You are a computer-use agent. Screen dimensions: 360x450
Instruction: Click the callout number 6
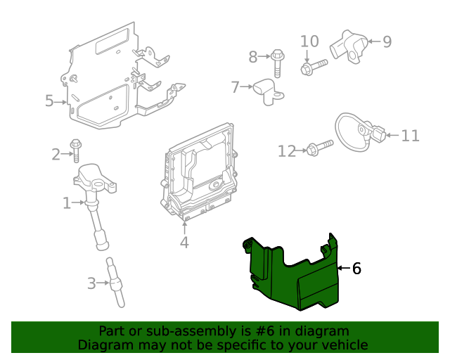356,268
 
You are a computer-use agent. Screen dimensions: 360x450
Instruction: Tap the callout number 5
49,101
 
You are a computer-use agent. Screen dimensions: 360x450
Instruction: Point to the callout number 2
56,154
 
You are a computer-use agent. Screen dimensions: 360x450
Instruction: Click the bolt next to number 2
76,151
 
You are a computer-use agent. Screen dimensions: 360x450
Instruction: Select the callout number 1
67,204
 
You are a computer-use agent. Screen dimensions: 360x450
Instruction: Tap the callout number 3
91,284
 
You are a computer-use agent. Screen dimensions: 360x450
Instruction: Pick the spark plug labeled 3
115,281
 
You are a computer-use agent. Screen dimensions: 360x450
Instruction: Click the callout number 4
184,243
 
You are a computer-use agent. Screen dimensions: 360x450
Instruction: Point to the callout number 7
236,87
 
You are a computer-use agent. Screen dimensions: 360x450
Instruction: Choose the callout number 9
386,41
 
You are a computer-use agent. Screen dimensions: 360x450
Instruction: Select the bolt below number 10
314,67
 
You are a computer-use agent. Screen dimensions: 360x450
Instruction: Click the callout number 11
409,135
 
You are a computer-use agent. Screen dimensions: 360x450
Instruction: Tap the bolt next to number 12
319,148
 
